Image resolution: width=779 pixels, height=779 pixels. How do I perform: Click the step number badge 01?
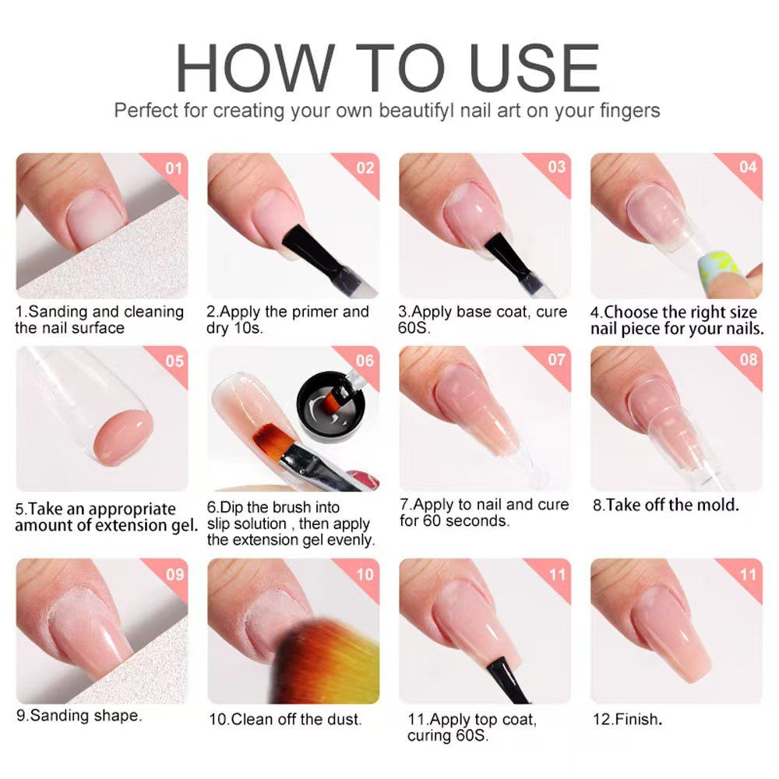[173, 167]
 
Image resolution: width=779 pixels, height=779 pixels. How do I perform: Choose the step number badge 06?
[365, 361]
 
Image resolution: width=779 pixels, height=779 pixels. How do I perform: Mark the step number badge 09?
[173, 574]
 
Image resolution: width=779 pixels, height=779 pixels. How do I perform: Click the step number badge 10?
[365, 574]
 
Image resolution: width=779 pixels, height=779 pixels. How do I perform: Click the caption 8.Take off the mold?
[665, 505]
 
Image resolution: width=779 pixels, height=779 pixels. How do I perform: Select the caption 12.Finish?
[627, 719]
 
